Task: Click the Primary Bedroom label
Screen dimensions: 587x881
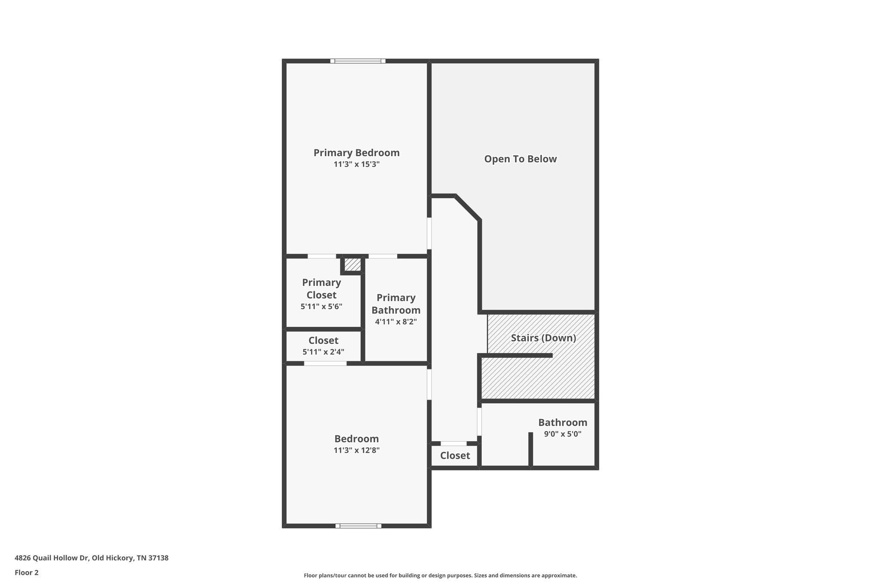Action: pyautogui.click(x=356, y=153)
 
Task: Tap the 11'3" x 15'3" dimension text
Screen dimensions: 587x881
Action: pyautogui.click(x=356, y=164)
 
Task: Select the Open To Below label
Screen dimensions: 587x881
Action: pyautogui.click(x=520, y=159)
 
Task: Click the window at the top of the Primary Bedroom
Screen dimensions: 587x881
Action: pyautogui.click(x=357, y=61)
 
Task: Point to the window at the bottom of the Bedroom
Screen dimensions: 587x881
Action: pyautogui.click(x=358, y=526)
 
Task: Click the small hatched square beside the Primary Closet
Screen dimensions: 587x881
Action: pyautogui.click(x=353, y=264)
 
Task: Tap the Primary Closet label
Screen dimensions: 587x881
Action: pyautogui.click(x=321, y=289)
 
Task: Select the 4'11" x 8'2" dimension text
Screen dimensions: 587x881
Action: pyautogui.click(x=396, y=322)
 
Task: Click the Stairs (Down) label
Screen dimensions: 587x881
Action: pyautogui.click(x=543, y=338)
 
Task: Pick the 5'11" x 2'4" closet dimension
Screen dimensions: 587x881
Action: pyautogui.click(x=323, y=352)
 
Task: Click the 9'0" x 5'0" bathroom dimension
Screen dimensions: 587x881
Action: pyautogui.click(x=562, y=434)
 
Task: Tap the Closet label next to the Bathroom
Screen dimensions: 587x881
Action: pyautogui.click(x=455, y=455)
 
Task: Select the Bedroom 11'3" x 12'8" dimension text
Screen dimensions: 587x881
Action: pyautogui.click(x=356, y=450)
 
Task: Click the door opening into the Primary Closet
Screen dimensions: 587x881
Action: pyautogui.click(x=322, y=256)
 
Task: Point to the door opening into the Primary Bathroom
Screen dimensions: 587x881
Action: pyautogui.click(x=383, y=256)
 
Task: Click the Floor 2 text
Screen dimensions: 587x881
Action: pyautogui.click(x=27, y=572)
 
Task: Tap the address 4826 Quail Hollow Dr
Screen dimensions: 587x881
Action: pyautogui.click(x=92, y=558)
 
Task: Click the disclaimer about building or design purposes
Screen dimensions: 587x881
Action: pyautogui.click(x=440, y=575)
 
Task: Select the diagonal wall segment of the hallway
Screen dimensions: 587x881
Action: pyautogui.click(x=468, y=208)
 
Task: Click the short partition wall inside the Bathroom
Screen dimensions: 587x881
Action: pyautogui.click(x=530, y=449)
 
